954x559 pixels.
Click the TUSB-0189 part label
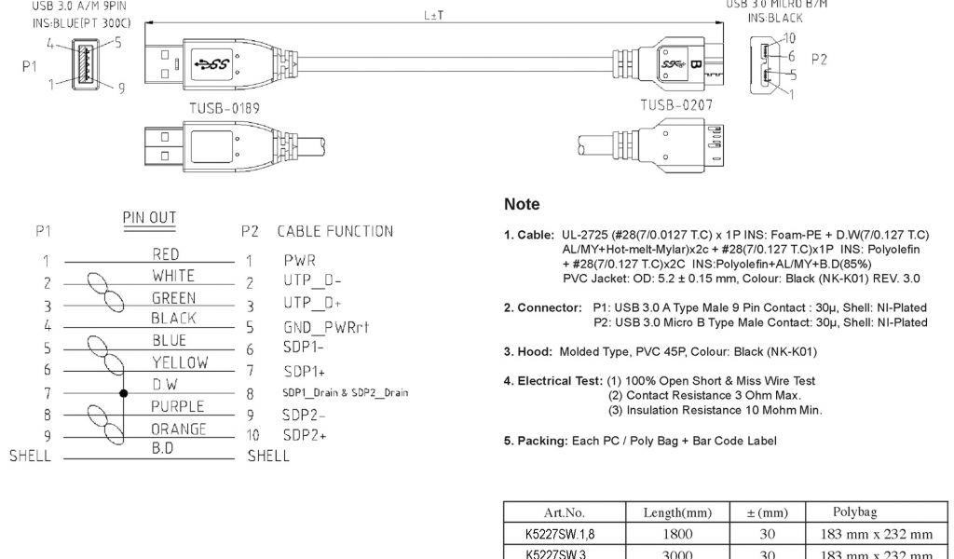(225, 108)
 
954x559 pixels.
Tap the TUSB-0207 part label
(675, 105)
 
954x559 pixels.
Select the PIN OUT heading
(149, 218)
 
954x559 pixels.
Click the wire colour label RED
(166, 254)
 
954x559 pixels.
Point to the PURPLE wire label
(178, 406)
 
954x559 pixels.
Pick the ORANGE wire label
(179, 429)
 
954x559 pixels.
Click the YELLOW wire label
(180, 362)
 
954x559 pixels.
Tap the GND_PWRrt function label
(327, 328)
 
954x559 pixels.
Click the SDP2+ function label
(305, 436)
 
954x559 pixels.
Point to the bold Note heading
(522, 204)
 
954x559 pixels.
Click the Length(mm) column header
(677, 512)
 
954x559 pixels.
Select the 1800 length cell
(677, 534)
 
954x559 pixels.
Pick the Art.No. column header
(564, 512)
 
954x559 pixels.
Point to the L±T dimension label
(433, 16)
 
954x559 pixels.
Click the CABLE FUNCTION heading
(334, 231)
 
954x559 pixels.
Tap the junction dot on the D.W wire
(123, 393)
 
